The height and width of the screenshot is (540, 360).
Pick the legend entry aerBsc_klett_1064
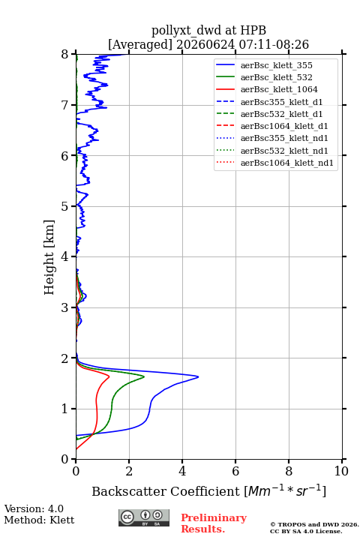(267, 89)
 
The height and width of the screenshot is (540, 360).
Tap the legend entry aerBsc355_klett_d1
(269, 102)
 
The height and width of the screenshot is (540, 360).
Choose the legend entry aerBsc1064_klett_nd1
(274, 163)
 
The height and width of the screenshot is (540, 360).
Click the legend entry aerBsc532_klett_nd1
(271, 151)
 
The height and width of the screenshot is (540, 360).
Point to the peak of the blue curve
(199, 376)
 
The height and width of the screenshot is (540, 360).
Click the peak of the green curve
(144, 376)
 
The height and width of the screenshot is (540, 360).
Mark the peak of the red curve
(109, 376)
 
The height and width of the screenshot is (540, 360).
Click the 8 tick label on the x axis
(289, 471)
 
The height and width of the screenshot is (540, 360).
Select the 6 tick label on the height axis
(65, 156)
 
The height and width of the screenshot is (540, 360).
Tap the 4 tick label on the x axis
(182, 471)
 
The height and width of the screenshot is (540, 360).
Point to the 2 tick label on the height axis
(65, 358)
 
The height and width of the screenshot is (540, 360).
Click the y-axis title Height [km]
(49, 257)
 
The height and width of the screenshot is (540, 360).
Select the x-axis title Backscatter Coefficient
(166, 491)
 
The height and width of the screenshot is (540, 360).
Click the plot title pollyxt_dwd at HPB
(208, 30)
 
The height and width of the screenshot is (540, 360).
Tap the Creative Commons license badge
(144, 517)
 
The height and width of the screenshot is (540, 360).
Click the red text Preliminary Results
(214, 523)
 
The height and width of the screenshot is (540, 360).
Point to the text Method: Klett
(39, 520)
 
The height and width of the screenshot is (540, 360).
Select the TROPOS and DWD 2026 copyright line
(314, 524)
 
